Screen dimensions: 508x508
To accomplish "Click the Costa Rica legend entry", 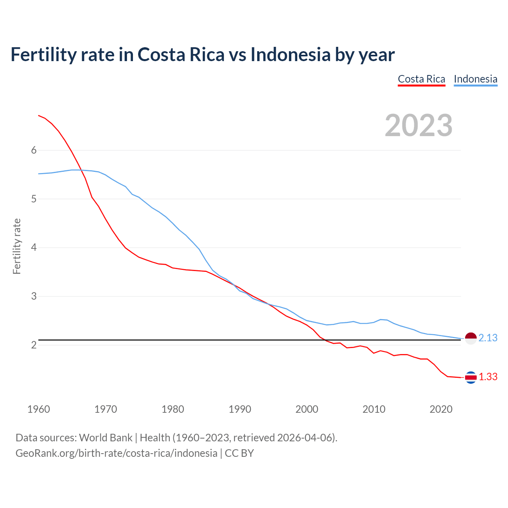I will click(421, 79).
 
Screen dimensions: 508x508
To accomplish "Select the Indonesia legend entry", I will click(475, 79).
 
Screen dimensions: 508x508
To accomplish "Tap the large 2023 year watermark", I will click(419, 125).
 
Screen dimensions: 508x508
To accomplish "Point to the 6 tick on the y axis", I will click(34, 150).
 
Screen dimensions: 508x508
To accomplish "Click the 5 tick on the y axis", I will click(34, 199).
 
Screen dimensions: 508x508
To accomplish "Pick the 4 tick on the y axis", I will click(34, 248).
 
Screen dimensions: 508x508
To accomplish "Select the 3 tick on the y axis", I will click(34, 296).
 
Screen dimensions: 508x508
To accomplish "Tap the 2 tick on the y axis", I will click(34, 345).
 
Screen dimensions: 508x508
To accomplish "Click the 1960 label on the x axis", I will click(38, 409).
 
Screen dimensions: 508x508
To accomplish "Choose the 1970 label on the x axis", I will click(106, 409).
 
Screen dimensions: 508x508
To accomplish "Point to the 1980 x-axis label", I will click(173, 409).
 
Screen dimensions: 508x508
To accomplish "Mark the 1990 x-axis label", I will click(240, 409).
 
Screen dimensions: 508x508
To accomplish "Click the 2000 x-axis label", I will click(307, 409).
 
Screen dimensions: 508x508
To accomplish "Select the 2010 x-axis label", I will click(374, 409).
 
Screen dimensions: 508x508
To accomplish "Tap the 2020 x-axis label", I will click(441, 409).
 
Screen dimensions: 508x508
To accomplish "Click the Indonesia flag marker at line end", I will click(471, 339).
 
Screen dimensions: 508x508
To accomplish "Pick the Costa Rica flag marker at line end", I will click(471, 377).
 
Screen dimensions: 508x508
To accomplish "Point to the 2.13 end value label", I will click(488, 338).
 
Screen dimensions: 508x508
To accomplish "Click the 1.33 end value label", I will click(488, 377).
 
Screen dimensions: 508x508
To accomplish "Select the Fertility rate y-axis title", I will click(17, 246).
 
